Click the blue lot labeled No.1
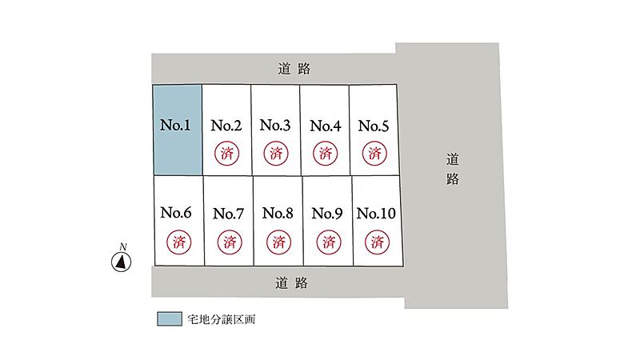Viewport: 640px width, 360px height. [178, 130]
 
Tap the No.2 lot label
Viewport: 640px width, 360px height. [226, 126]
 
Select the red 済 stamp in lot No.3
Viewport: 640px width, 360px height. [276, 154]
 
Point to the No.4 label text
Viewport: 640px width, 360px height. [326, 126]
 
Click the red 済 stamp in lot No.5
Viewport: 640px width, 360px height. [374, 154]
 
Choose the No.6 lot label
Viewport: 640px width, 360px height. [176, 212]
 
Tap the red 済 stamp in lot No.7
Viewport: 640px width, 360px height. [230, 242]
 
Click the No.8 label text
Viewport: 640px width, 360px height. [278, 213]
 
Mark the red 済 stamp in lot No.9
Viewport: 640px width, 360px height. [329, 242]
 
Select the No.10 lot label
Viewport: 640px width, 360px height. [376, 213]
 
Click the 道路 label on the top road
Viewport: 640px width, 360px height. [294, 69]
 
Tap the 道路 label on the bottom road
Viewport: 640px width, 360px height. [291, 282]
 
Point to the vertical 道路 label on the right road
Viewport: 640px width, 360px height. [452, 169]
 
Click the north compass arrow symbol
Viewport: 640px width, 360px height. [122, 262]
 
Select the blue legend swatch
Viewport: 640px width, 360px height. [170, 318]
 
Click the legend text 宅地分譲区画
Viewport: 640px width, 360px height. [222, 319]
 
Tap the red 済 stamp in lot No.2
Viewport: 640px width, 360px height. [226, 154]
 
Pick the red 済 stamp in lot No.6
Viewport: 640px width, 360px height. [178, 242]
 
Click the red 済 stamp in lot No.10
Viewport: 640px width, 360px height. [377, 242]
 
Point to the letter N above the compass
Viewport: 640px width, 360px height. [123, 246]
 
